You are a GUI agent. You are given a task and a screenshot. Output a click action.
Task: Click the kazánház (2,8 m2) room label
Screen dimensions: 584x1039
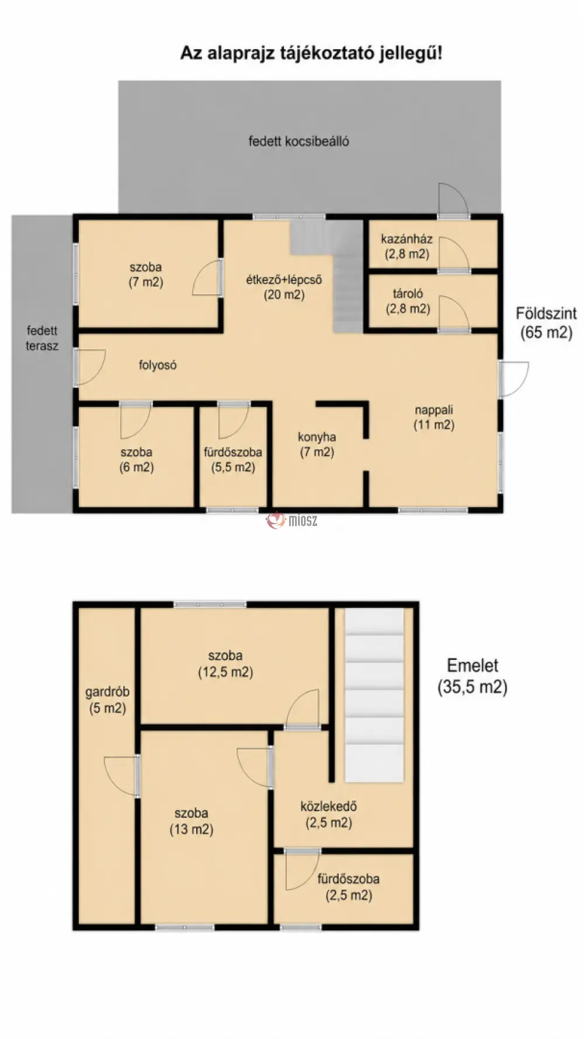[x=406, y=246]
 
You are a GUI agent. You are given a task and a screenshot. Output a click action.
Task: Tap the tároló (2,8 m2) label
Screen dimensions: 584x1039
[x=408, y=301]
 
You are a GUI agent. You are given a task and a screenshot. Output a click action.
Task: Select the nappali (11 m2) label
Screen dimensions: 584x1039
[x=434, y=417]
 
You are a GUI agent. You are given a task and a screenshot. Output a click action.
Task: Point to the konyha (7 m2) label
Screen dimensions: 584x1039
[x=317, y=444]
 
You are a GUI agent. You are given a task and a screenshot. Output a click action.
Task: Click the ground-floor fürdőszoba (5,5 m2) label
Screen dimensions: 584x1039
[x=233, y=460]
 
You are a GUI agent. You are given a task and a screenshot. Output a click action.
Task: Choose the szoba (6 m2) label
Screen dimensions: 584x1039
[x=137, y=460]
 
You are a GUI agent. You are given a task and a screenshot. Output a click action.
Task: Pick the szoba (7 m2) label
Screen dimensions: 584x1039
[x=145, y=274]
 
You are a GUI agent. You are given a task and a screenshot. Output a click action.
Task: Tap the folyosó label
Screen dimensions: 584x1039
[x=158, y=365]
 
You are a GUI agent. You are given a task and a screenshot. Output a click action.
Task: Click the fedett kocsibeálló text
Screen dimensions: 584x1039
[x=299, y=141]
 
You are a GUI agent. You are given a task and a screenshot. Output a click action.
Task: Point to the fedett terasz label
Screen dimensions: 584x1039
[x=42, y=338]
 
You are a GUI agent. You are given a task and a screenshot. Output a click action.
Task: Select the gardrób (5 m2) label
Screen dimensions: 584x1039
[x=107, y=700]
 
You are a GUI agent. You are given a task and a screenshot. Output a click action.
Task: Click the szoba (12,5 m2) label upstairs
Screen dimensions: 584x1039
[x=225, y=663]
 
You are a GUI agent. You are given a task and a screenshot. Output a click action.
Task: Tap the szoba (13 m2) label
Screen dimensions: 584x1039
[x=192, y=821]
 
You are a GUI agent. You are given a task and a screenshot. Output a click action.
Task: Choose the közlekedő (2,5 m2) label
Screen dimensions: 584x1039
[x=329, y=814]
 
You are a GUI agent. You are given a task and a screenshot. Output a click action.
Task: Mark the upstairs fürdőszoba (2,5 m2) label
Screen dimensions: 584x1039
[x=349, y=887]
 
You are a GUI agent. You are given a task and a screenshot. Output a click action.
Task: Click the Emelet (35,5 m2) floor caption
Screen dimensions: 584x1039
[x=472, y=676]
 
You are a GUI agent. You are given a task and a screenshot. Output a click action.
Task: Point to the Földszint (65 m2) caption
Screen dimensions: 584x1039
[x=546, y=322]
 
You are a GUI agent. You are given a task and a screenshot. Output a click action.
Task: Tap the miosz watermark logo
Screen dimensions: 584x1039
[x=292, y=520]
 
